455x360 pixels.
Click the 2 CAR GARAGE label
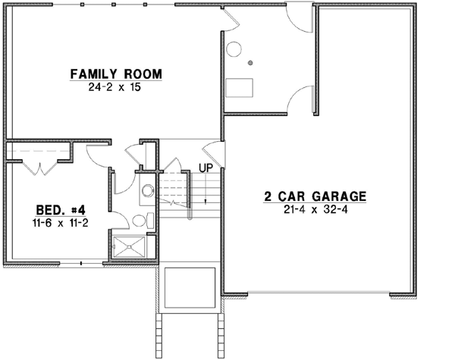coord(315,196)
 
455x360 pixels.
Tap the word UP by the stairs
coord(206,167)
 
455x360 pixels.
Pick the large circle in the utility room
coord(234,51)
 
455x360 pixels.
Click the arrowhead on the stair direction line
coord(206,201)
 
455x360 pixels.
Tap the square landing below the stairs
coord(190,284)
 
